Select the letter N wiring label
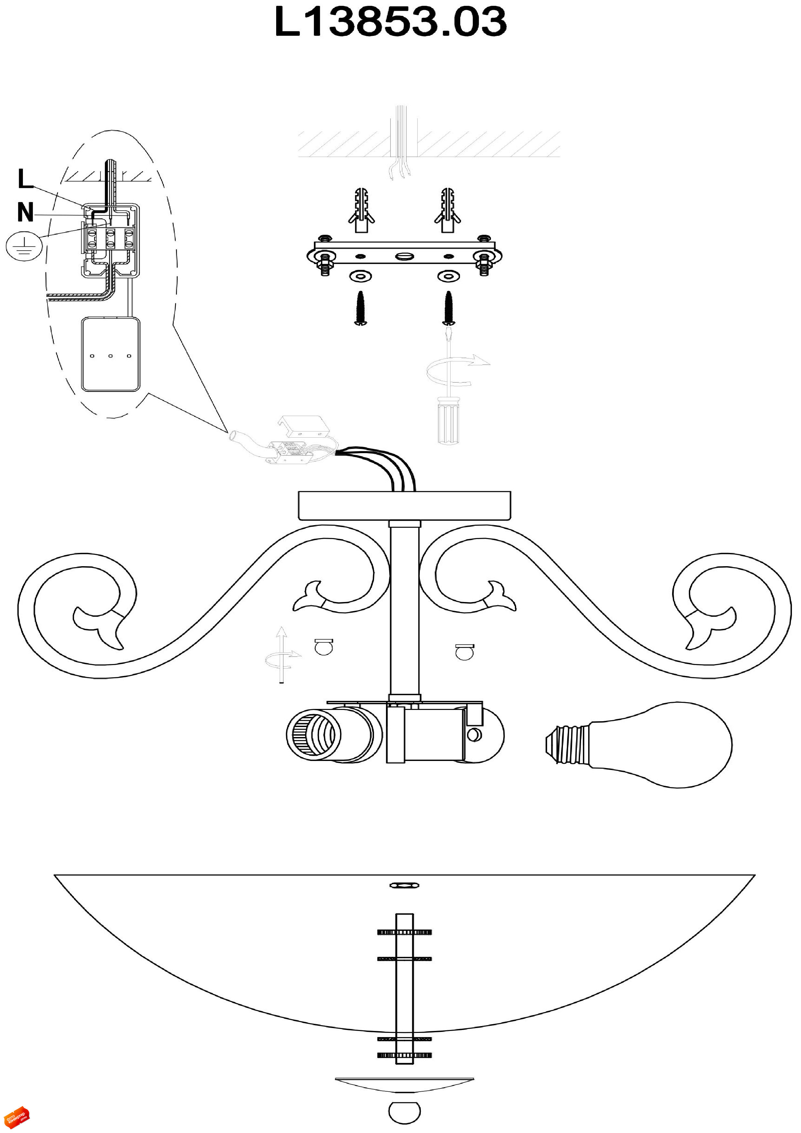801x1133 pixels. [25, 212]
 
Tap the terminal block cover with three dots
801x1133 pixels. [110, 354]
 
